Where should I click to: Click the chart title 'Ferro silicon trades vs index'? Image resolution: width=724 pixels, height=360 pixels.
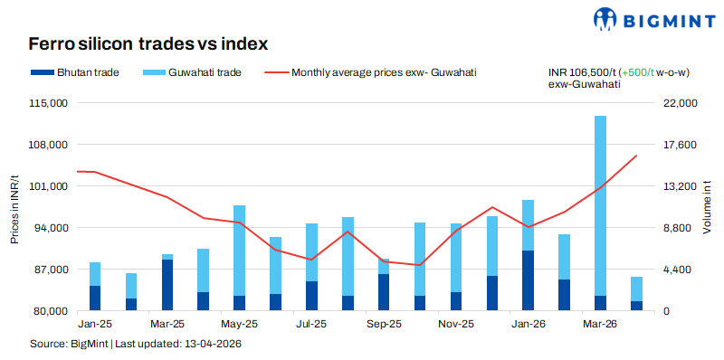pos(148,43)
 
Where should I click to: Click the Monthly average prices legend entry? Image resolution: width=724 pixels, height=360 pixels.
pos(371,71)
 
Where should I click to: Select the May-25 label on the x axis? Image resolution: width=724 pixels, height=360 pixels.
pos(239,323)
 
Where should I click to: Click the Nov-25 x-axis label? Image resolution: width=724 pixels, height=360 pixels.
pos(455,323)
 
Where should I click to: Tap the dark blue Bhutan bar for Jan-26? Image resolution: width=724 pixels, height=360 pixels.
pos(528,280)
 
